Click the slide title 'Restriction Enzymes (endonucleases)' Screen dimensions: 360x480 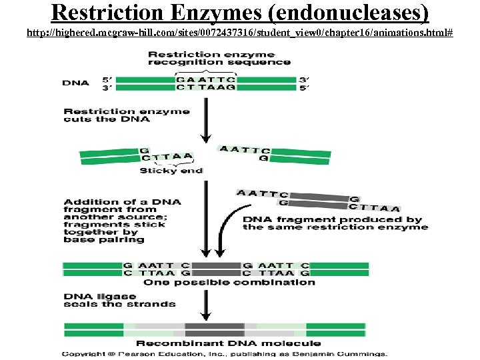(x=240, y=13)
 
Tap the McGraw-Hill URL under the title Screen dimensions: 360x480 (x=240, y=32)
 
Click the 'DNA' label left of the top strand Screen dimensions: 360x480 (x=75, y=83)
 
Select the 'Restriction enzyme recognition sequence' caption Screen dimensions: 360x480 (x=219, y=58)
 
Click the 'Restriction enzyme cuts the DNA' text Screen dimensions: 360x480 (x=127, y=115)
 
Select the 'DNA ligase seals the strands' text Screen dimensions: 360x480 (x=119, y=300)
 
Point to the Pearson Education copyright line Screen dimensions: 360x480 (x=225, y=354)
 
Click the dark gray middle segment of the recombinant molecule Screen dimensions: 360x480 (x=215, y=329)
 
